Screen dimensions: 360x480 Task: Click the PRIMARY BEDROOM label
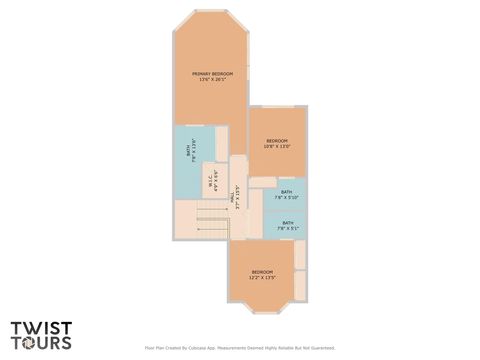click(x=213, y=74)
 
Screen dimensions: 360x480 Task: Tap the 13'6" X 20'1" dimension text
click(x=213, y=80)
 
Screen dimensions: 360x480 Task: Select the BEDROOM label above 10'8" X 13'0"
click(x=276, y=140)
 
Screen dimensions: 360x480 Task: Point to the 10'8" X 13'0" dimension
click(x=276, y=146)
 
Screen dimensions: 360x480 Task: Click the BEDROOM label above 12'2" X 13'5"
click(x=263, y=272)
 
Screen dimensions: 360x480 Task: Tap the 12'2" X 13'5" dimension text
click(x=263, y=278)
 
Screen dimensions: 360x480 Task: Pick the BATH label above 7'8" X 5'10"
click(x=287, y=192)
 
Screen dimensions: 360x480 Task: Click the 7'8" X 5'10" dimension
click(x=287, y=198)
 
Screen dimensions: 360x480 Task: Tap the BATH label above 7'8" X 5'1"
click(x=287, y=223)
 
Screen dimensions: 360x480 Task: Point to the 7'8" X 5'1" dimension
click(x=287, y=229)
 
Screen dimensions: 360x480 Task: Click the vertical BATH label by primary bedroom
click(x=187, y=152)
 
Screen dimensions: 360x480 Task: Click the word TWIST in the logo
click(x=41, y=326)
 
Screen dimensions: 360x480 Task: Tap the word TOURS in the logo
click(x=41, y=342)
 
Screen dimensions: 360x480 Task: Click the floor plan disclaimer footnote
click(x=240, y=349)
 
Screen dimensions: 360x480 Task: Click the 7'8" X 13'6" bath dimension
click(x=193, y=152)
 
